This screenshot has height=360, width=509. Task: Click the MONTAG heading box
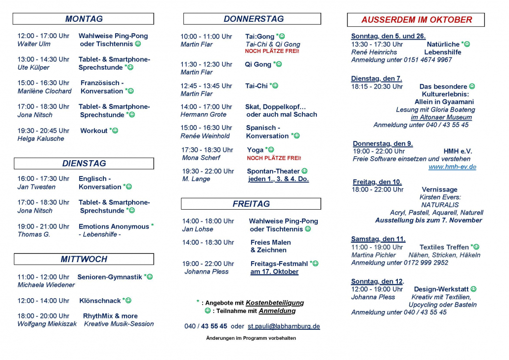(84, 19)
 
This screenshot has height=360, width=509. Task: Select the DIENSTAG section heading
(84, 163)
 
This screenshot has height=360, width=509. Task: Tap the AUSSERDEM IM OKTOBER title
(416, 20)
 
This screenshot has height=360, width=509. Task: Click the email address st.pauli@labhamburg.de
(284, 326)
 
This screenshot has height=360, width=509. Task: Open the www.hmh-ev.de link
(452, 167)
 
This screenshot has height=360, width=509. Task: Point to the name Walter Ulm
(34, 44)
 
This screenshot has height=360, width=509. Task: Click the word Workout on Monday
(94, 131)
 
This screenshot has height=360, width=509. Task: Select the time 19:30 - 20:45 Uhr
(43, 131)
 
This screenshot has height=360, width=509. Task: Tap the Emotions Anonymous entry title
(114, 226)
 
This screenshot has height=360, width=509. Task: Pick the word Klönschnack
(100, 301)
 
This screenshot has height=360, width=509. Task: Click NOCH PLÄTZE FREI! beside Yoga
(274, 158)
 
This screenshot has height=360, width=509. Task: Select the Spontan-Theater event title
(273, 171)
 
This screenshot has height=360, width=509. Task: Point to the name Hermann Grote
(203, 114)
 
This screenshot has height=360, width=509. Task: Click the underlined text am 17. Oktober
(274, 271)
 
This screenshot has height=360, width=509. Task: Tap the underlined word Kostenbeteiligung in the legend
(275, 303)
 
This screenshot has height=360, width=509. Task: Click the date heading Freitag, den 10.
(377, 181)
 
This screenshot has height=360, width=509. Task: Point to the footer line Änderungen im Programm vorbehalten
(251, 338)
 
